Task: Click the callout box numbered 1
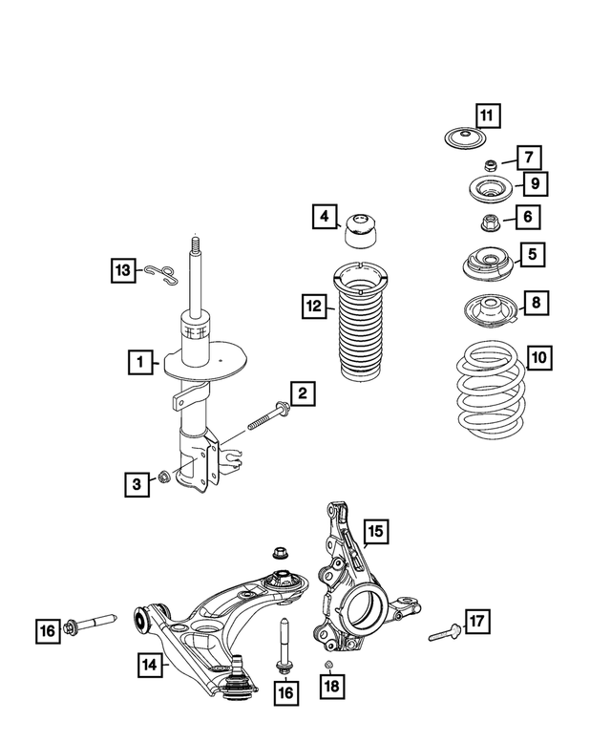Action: (x=141, y=362)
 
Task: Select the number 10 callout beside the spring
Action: (x=539, y=359)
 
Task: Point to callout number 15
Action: (x=374, y=531)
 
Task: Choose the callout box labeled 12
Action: (x=313, y=307)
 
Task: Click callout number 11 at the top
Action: (x=487, y=117)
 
